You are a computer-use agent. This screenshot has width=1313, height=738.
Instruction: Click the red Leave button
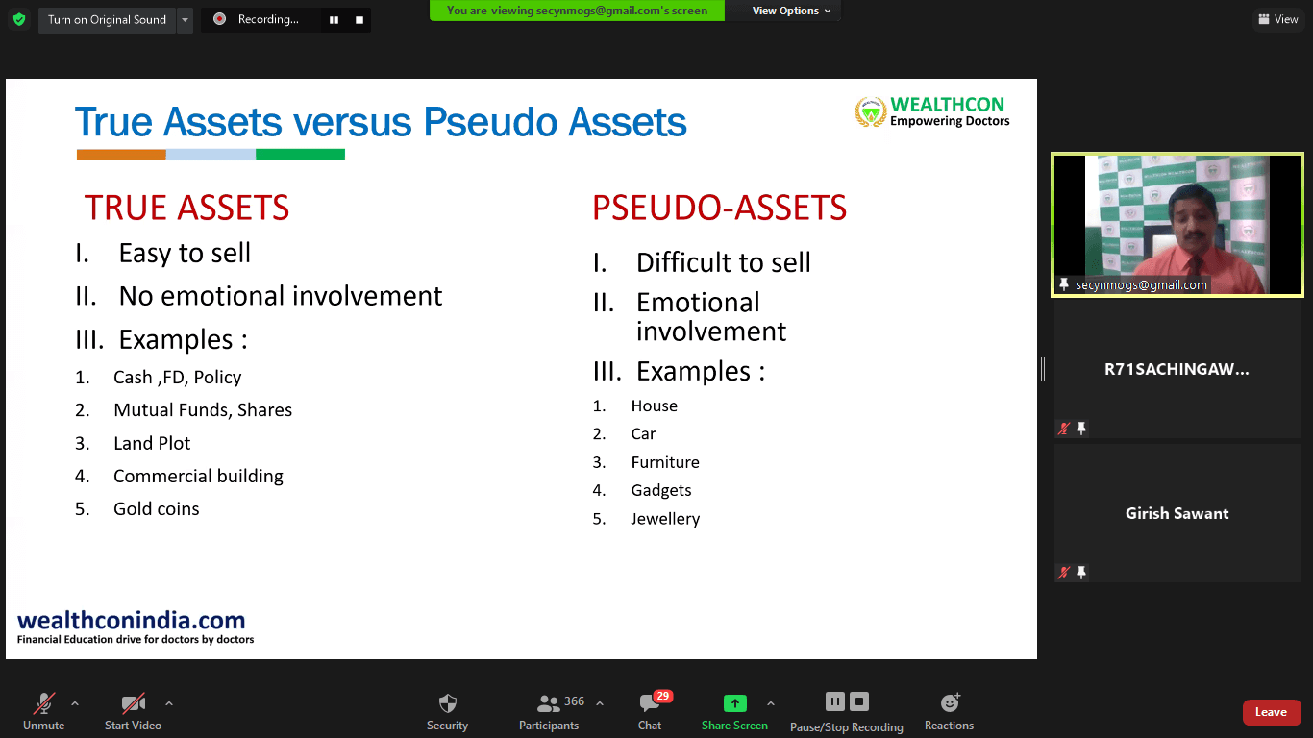(1270, 712)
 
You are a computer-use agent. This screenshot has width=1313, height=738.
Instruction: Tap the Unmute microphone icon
(44, 702)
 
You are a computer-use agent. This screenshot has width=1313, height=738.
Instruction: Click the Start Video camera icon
(133, 702)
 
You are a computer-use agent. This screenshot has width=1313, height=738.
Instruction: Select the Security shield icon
(447, 702)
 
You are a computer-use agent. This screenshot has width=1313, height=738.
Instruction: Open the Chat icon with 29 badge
(650, 702)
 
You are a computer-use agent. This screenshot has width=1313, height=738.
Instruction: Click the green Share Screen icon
(734, 702)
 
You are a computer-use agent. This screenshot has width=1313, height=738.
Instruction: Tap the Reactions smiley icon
(949, 702)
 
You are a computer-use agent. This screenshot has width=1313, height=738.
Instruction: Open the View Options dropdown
(791, 11)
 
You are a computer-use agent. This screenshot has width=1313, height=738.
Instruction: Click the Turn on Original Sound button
(108, 20)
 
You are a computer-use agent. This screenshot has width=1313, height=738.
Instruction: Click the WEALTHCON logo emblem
(871, 111)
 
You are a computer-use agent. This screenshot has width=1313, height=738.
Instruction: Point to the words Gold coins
(157, 508)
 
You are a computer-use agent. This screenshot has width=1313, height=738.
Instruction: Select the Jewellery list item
(665, 519)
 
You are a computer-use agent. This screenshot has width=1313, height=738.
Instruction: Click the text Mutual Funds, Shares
(203, 409)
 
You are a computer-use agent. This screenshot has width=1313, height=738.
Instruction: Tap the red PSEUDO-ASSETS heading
(719, 208)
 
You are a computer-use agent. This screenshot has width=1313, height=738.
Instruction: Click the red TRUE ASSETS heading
(187, 208)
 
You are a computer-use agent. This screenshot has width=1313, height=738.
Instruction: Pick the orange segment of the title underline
(121, 155)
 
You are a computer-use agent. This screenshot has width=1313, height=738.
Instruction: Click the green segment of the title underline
(300, 155)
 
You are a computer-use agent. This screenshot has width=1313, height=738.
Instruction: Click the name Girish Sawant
(1177, 513)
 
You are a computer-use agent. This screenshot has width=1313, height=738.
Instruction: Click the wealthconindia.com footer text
(132, 620)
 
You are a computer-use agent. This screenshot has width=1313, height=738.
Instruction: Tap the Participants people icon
(548, 702)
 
